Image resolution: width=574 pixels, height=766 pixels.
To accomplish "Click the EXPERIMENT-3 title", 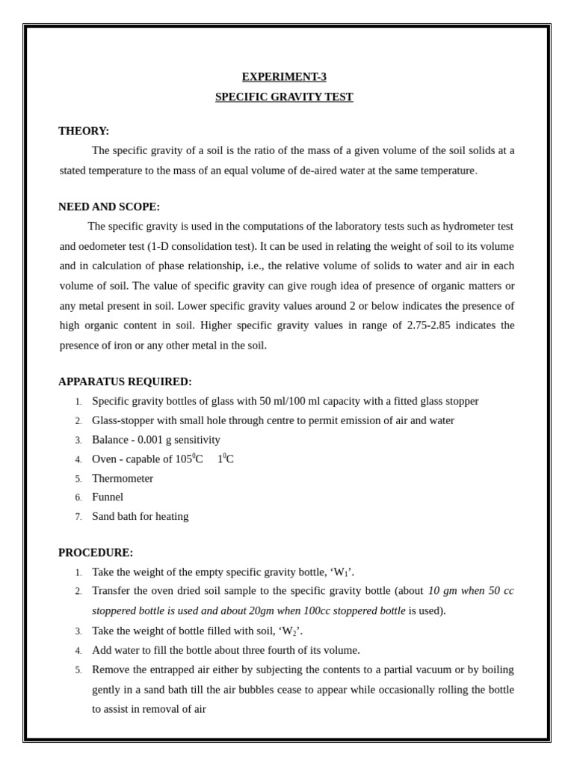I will click(x=284, y=77).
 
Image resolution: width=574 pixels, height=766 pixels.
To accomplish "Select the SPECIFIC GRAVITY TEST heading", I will click(x=284, y=97).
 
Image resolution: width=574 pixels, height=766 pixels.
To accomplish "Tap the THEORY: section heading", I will click(x=84, y=131).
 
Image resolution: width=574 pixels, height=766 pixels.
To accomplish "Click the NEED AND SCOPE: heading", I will click(x=109, y=206).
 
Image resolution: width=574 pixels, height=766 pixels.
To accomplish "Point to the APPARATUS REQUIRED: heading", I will click(x=125, y=382).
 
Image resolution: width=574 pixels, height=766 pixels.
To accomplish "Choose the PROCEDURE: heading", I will click(x=96, y=553).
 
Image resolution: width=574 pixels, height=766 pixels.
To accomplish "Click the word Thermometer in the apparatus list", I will click(x=123, y=479).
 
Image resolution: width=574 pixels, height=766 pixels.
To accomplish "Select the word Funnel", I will click(x=108, y=497).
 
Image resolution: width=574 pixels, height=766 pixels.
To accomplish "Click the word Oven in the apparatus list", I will click(x=104, y=459).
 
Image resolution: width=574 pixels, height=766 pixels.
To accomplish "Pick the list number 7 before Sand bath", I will click(x=78, y=517).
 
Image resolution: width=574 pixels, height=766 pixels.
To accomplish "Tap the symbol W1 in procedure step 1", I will click(x=342, y=573).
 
